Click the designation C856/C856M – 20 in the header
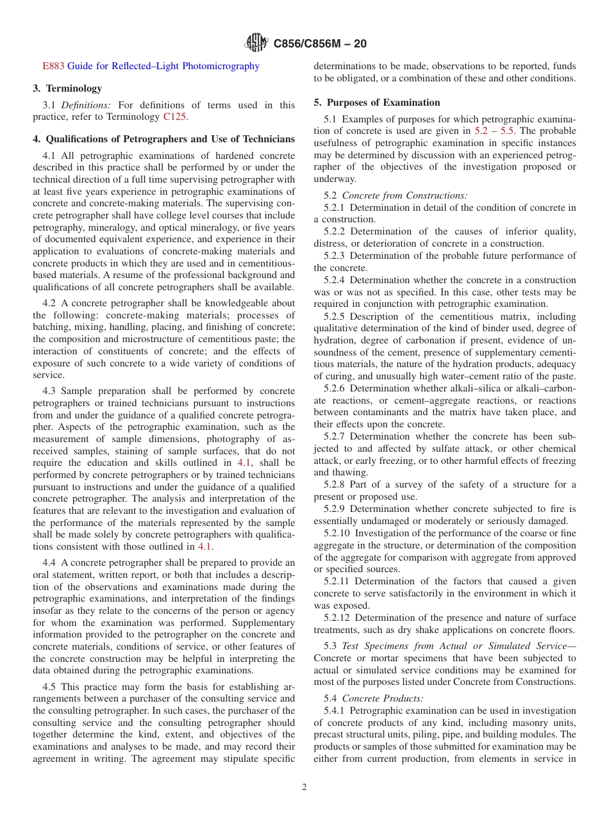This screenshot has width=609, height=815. pyautogui.click(x=320, y=44)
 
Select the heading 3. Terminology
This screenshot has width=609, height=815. pyautogui.click(x=67, y=88)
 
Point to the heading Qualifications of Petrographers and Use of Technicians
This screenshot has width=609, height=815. pyautogui.click(x=164, y=139)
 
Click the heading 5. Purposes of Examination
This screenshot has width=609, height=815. pyautogui.click(x=377, y=103)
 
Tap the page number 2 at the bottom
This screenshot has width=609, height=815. pyautogui.click(x=304, y=787)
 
